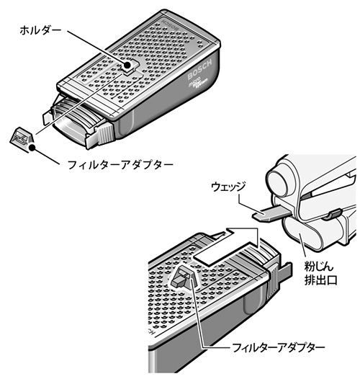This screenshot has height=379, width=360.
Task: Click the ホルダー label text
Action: pyautogui.click(x=40, y=31)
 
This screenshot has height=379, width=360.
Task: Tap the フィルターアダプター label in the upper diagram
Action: pyautogui.click(x=120, y=165)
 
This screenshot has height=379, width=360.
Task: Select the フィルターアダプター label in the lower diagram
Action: pyautogui.click(x=278, y=348)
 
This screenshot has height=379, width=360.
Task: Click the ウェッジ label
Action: pyautogui.click(x=228, y=187)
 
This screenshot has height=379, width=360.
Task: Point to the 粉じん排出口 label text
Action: pyautogui.click(x=320, y=274)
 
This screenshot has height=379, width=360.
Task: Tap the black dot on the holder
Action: pyautogui.click(x=127, y=65)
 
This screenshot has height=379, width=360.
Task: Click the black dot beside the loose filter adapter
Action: pyautogui.click(x=32, y=148)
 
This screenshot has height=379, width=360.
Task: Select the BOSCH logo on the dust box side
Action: pyautogui.click(x=199, y=69)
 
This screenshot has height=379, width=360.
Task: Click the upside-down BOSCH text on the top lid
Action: pyautogui.click(x=171, y=25)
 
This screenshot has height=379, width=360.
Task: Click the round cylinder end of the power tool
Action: pyautogui.click(x=281, y=182)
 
